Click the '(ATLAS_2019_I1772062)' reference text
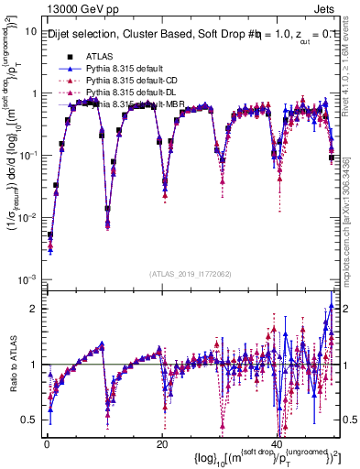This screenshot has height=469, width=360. point(191,273)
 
